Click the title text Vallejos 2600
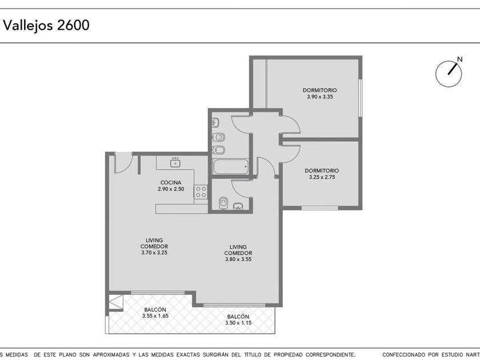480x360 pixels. [46, 25]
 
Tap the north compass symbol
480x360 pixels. [449, 74]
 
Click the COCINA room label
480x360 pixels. [171, 183]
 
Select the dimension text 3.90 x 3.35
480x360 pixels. [320, 97]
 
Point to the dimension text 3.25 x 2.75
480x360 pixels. [322, 177]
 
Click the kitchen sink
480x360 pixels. [175, 162]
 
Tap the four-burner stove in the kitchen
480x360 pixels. [201, 192]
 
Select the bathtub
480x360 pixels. [230, 166]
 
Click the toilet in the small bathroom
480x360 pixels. [223, 203]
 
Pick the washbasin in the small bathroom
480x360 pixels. [238, 207]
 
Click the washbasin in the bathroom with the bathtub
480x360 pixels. [215, 123]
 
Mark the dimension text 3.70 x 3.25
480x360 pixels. [154, 253]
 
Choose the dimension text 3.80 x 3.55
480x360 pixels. [238, 259]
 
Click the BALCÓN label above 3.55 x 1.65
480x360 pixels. [155, 310]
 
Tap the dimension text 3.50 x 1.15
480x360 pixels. [238, 323]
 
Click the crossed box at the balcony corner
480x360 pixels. [116, 302]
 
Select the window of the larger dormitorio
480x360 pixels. [361, 98]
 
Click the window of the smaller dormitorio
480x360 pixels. [319, 208]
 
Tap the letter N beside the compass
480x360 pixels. [459, 59]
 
